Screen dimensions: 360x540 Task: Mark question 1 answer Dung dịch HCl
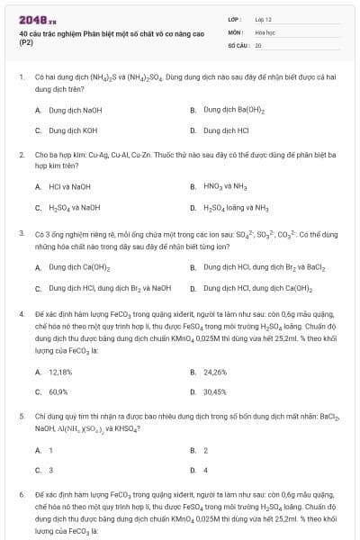(x=227, y=130)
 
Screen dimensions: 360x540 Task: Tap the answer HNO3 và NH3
(x=224, y=186)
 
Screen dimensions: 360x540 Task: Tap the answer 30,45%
(x=215, y=392)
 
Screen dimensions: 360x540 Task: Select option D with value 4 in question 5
(x=205, y=470)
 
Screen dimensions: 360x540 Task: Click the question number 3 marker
(x=21, y=232)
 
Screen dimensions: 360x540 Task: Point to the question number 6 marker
(x=21, y=496)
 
